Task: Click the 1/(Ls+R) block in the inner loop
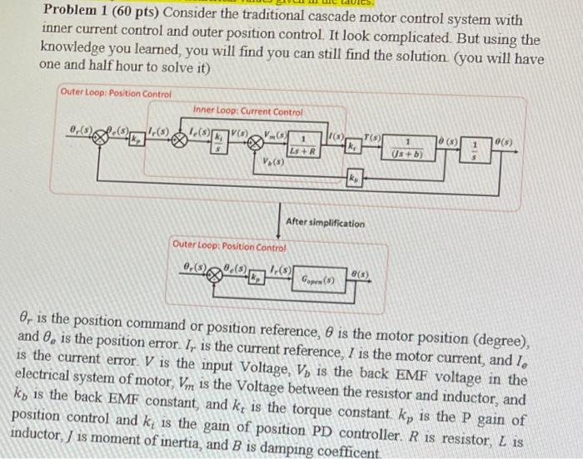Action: pos(306,143)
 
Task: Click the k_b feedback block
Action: pos(353,179)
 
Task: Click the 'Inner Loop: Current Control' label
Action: pos(247,111)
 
